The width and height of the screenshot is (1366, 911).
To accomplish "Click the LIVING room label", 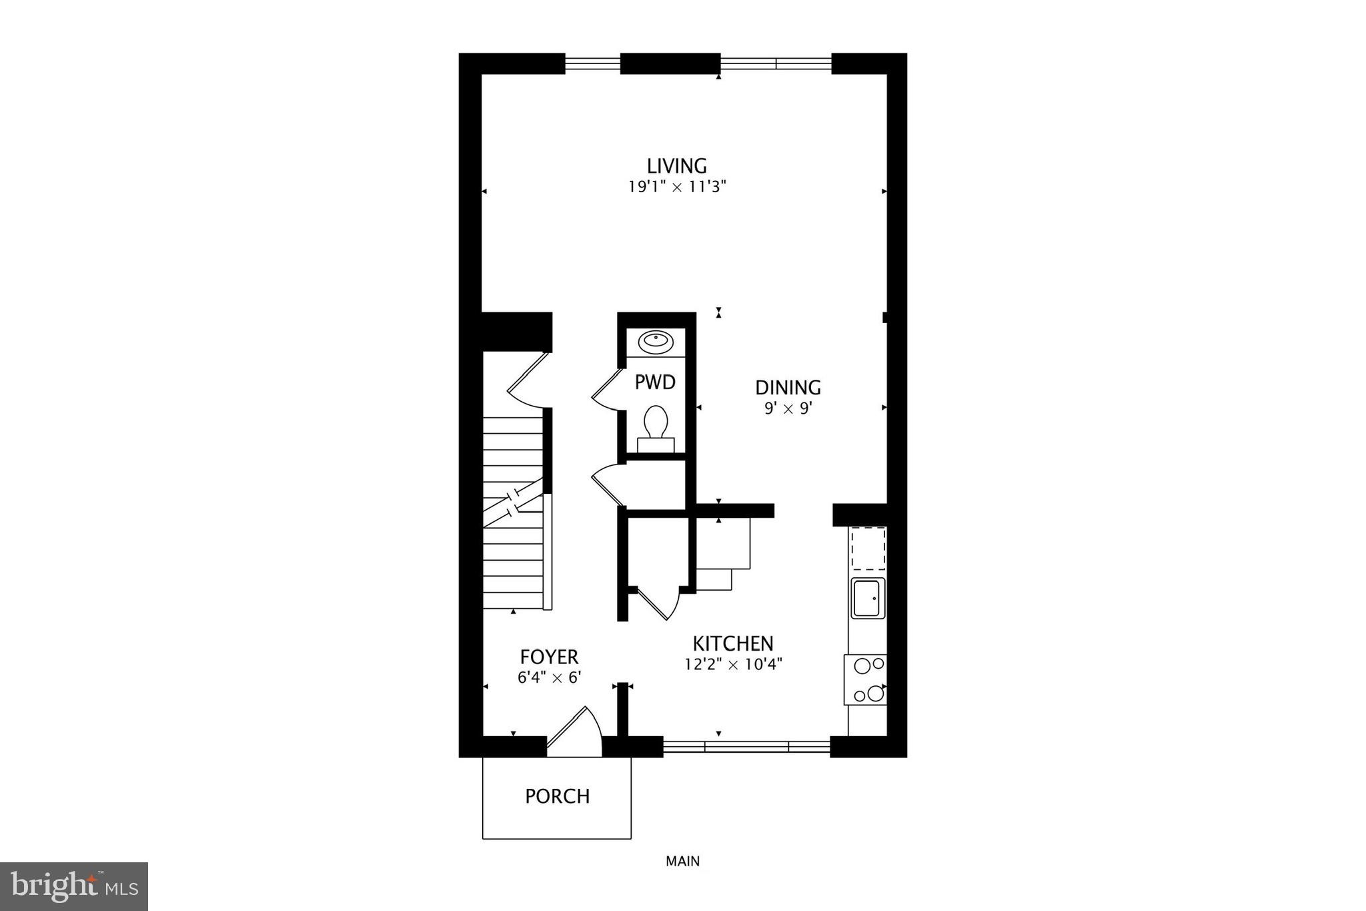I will (676, 166).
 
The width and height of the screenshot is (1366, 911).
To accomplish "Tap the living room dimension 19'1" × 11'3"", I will (676, 187).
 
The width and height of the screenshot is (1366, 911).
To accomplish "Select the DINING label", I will (788, 388).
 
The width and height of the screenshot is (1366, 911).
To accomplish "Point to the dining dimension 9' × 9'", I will (788, 408).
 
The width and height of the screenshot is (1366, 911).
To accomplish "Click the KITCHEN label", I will (732, 644).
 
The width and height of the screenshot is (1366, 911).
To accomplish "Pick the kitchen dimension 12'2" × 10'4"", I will (732, 665).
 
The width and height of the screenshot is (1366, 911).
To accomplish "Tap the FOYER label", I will (549, 657).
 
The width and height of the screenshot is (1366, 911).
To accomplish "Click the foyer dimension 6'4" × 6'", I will (549, 677).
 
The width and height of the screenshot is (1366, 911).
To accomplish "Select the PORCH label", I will (557, 796).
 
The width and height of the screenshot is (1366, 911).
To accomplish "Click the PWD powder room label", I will (654, 382).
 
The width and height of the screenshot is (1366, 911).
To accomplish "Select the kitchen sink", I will (868, 598).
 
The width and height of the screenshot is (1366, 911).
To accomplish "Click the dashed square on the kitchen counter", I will (868, 548).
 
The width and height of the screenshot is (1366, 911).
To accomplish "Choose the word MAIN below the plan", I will (682, 862).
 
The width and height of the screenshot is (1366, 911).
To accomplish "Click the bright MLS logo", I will (74, 886).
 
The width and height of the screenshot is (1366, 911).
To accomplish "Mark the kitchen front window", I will (746, 746).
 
